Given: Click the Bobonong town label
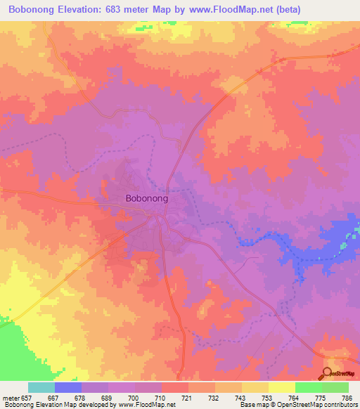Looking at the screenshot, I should click(x=146, y=199).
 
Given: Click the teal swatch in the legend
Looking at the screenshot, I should click(x=41, y=387).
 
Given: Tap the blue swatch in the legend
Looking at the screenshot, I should click(x=68, y=387).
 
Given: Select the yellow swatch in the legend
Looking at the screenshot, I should click(x=282, y=387).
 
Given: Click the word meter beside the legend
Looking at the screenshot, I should click(x=11, y=397).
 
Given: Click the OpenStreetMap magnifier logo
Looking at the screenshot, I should click(x=328, y=372).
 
